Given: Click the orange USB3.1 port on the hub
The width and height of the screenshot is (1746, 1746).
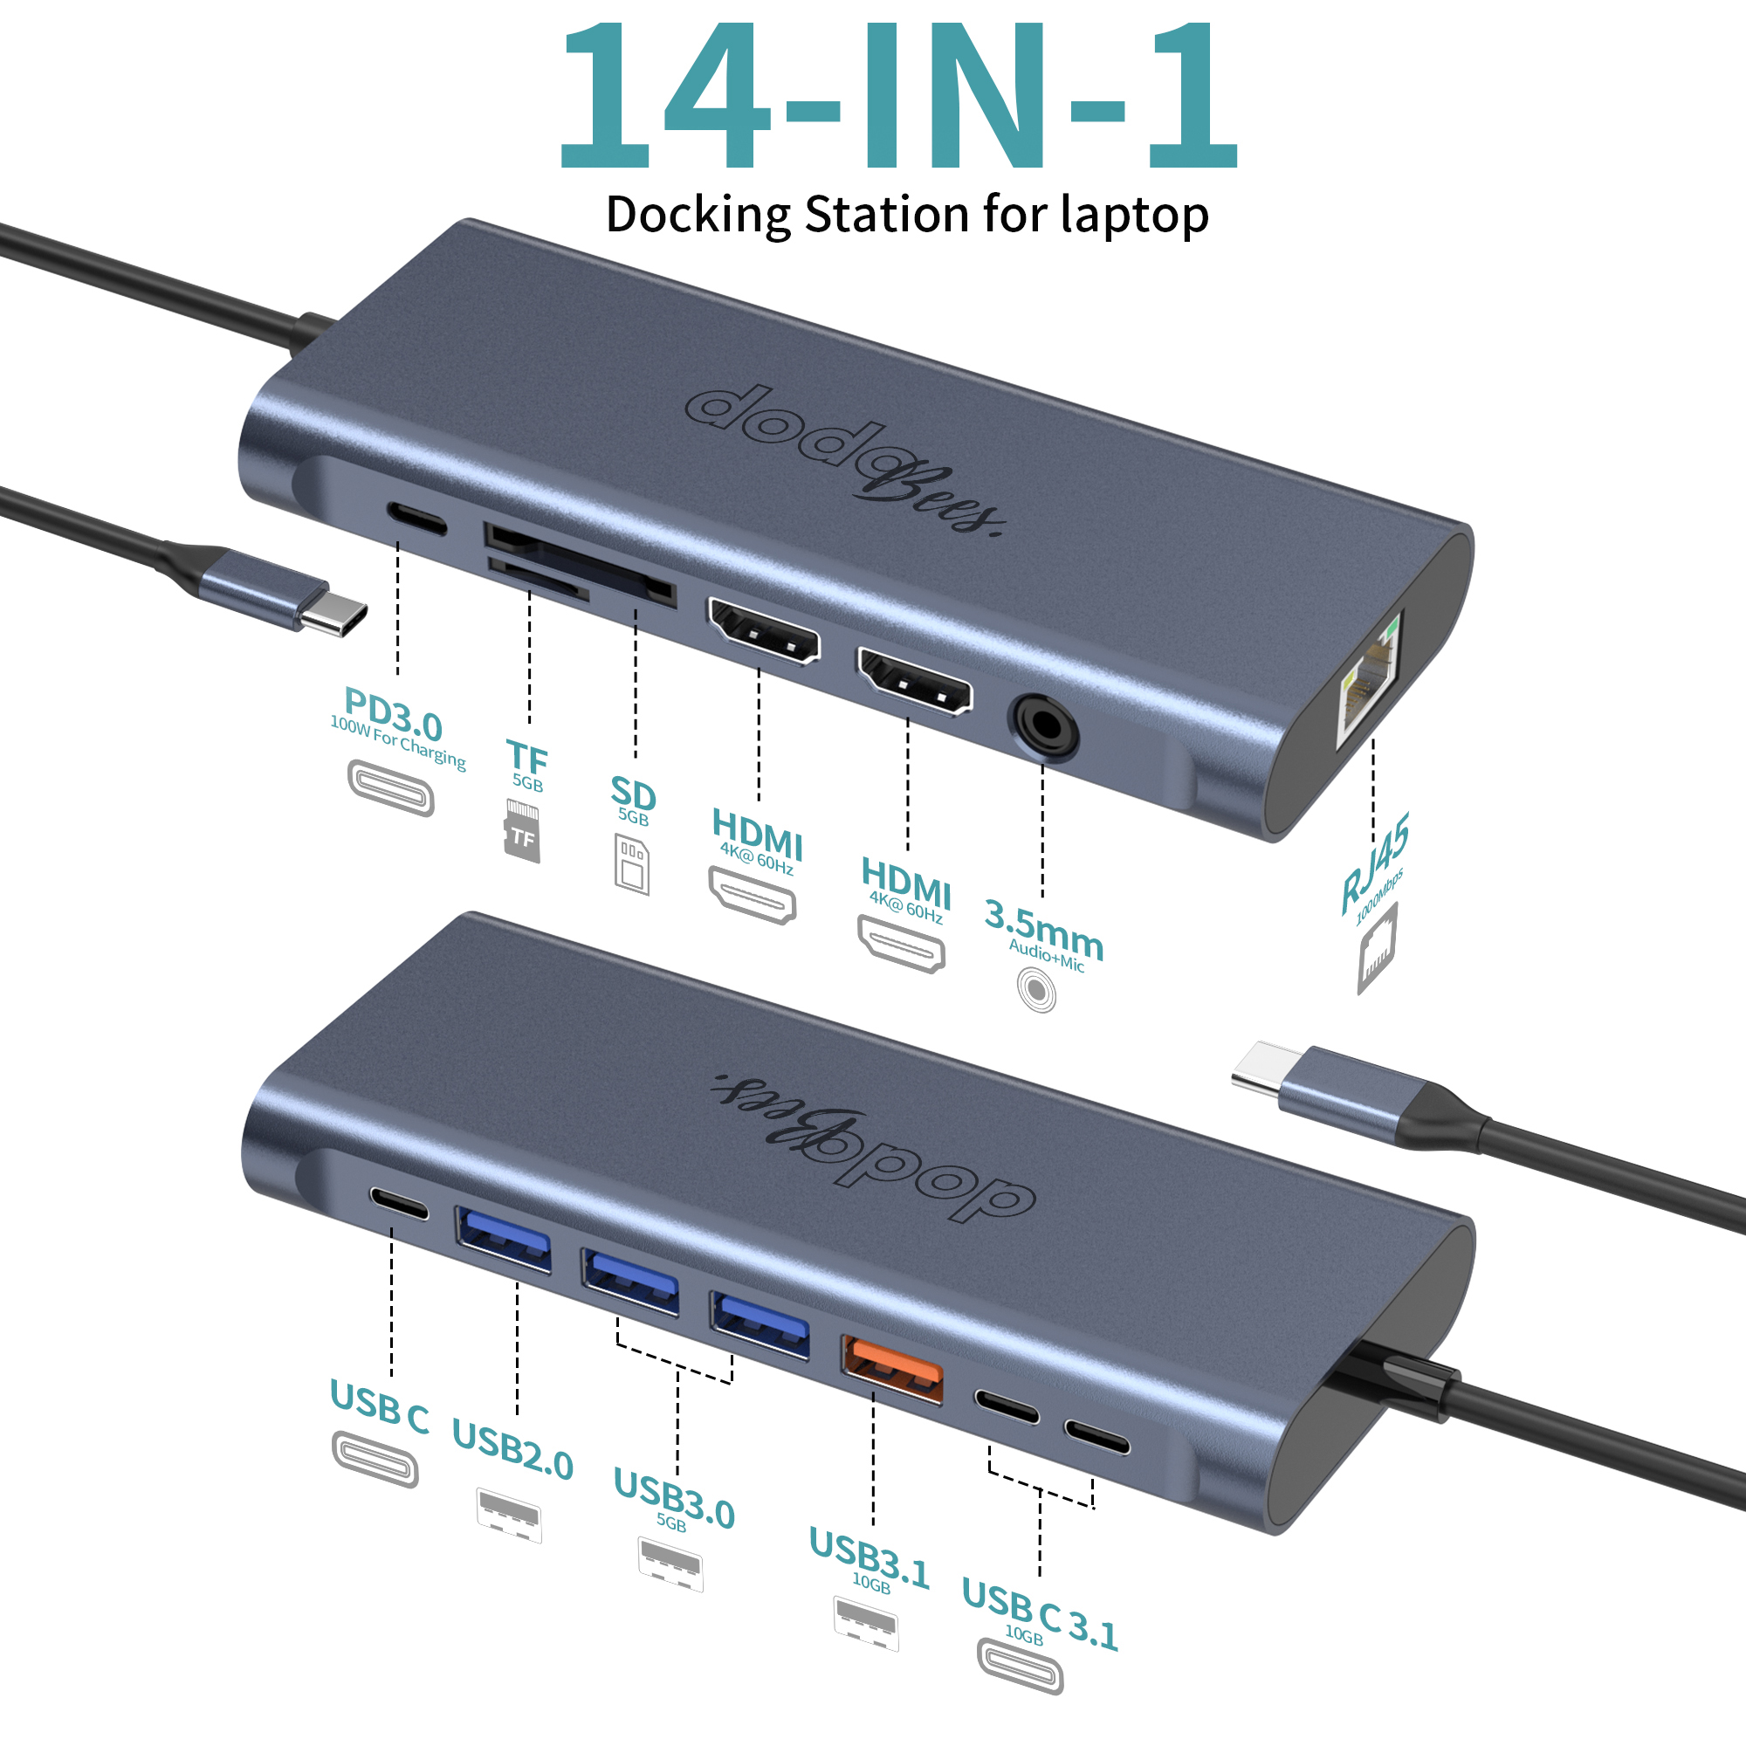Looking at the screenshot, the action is [x=892, y=1370].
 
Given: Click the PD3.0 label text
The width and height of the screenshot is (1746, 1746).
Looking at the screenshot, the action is [x=393, y=714].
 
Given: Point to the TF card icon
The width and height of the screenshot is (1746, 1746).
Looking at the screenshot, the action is [x=522, y=830].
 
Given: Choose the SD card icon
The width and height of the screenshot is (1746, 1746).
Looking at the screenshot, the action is [x=633, y=864].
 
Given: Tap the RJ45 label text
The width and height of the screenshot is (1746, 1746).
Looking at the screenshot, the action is [x=1373, y=863].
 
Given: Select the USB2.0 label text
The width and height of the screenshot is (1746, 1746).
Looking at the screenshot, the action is [x=512, y=1450].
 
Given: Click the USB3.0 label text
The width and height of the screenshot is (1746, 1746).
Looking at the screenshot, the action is [x=674, y=1498].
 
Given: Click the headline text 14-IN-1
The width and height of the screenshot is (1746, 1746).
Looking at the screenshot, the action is [x=899, y=96].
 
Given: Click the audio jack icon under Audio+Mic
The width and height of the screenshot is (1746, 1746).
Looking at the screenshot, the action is [x=1036, y=990].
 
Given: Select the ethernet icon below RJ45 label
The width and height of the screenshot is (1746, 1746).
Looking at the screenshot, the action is [x=1378, y=948].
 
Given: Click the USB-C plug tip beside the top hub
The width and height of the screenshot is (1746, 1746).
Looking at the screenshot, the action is [x=334, y=618].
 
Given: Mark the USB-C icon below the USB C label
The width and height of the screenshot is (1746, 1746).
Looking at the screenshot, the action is [x=375, y=1459].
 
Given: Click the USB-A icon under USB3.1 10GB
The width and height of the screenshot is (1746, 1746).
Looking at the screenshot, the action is [x=866, y=1624].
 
